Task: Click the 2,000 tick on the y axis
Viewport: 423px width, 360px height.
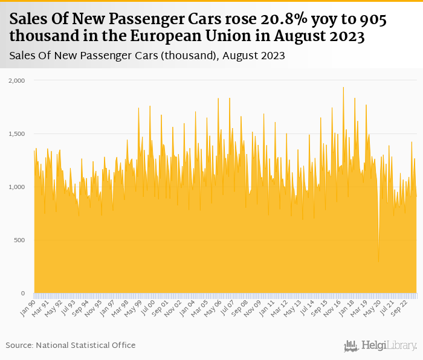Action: (x=16, y=80)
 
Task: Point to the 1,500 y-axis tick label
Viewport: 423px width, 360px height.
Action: (x=16, y=133)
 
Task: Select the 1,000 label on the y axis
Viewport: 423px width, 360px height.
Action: (x=16, y=187)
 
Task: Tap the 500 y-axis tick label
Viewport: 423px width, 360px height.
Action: (x=20, y=240)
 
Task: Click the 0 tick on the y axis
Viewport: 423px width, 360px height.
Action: (x=23, y=294)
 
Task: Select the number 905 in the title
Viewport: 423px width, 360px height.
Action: (x=373, y=20)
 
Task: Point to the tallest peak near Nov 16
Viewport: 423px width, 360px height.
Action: (x=343, y=88)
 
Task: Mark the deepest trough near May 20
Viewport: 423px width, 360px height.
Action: (x=379, y=262)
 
